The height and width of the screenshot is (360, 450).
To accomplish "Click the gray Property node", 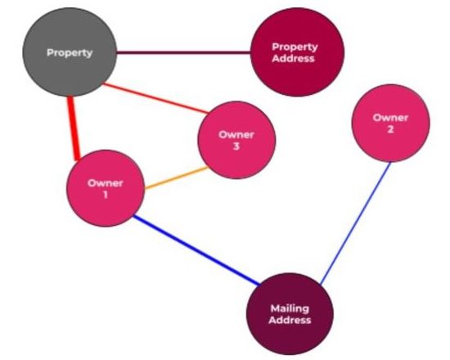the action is (70, 52).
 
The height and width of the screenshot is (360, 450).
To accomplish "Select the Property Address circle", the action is (297, 52).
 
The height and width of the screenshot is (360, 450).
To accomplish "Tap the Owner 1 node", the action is (106, 188).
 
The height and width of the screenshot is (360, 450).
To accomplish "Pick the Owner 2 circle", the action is (390, 123).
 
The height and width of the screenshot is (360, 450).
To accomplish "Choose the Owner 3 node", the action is (236, 140).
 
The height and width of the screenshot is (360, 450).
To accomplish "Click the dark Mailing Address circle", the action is (290, 314).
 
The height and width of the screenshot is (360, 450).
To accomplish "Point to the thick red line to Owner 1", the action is (74, 128).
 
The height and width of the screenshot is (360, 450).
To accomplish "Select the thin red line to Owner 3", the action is (155, 98).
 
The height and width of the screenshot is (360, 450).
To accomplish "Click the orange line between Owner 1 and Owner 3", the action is (177, 178).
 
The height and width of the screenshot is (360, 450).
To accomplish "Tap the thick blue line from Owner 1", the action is (197, 250).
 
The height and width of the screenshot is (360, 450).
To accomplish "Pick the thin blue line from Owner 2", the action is (355, 223).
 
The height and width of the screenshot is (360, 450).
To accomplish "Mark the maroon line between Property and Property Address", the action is (183, 52).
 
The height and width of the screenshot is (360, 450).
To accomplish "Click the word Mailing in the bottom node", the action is (290, 308).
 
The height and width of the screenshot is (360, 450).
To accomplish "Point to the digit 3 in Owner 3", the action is (236, 146).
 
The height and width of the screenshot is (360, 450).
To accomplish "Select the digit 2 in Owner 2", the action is (390, 129).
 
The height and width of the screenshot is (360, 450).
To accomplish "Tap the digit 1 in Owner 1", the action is (106, 195).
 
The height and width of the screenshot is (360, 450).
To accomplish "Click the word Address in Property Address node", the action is (293, 58).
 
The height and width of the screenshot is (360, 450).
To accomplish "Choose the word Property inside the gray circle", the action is (70, 52).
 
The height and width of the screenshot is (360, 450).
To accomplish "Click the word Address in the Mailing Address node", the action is (290, 320).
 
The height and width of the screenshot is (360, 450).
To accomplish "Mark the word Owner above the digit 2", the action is (390, 118).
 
